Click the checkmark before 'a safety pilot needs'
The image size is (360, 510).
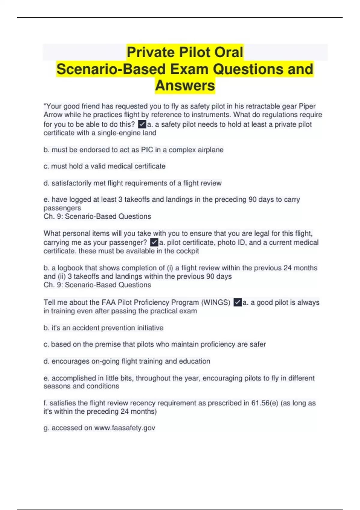click(142, 124)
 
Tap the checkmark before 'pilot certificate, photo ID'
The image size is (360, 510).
click(154, 242)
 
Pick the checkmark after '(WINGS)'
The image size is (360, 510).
click(237, 302)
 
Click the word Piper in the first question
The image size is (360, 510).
click(307, 106)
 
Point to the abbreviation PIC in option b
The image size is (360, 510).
click(147, 150)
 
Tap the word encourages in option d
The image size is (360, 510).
click(70, 361)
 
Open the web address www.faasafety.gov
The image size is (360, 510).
click(124, 428)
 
